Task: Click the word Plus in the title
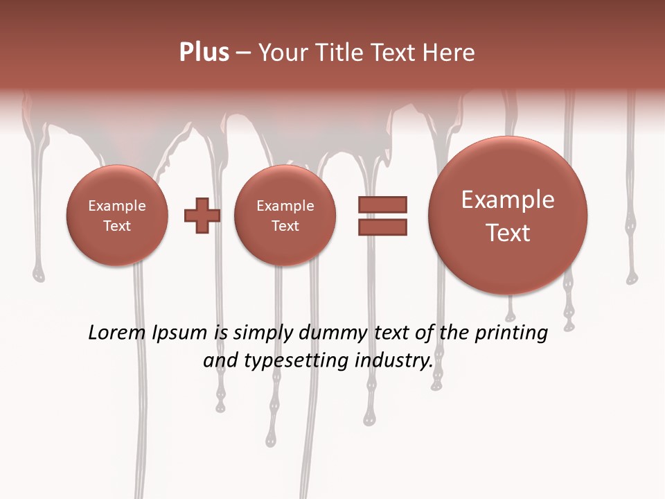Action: pyautogui.click(x=204, y=53)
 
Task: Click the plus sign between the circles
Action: pyautogui.click(x=202, y=216)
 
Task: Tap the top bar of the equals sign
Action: pyautogui.click(x=382, y=204)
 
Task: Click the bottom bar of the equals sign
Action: pyautogui.click(x=382, y=227)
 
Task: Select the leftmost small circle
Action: pyautogui.click(x=117, y=216)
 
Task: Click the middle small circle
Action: pyautogui.click(x=285, y=216)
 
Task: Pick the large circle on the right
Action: pyautogui.click(x=508, y=216)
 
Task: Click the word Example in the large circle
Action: pyautogui.click(x=508, y=200)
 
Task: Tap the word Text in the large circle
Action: pyautogui.click(x=508, y=233)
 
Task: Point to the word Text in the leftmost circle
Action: pyautogui.click(x=117, y=226)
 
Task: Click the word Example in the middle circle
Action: pyautogui.click(x=285, y=206)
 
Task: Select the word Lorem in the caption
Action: pyautogui.click(x=117, y=333)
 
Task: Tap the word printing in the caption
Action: pyautogui.click(x=511, y=333)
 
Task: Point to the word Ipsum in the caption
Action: pyautogui.click(x=179, y=333)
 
